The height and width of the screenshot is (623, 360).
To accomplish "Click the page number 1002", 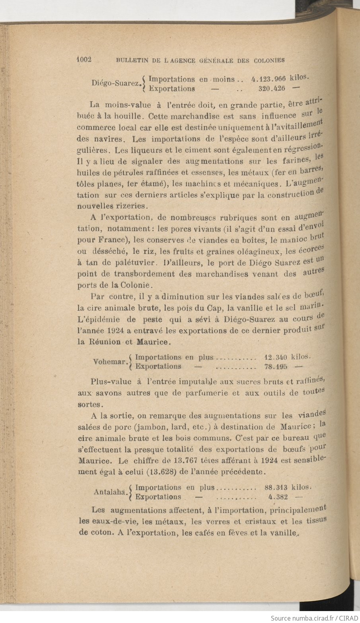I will pos(84,60).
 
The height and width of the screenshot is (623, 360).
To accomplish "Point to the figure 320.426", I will pos(272,89).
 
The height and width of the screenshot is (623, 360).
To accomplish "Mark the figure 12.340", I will pos(276,357).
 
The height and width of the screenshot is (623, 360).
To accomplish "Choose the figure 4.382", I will pos(278,496).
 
